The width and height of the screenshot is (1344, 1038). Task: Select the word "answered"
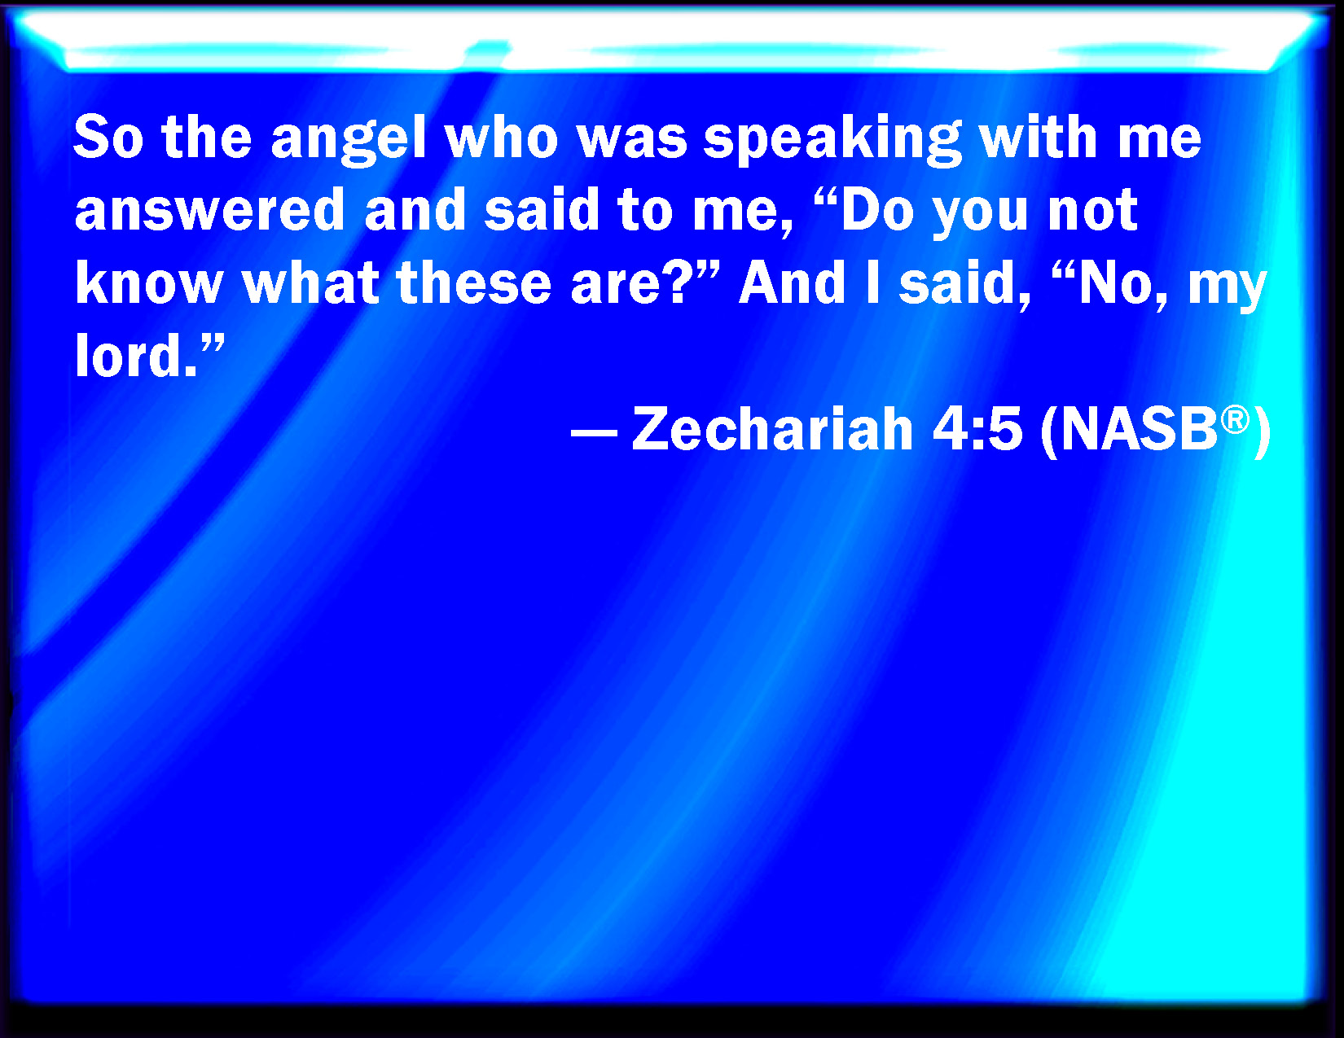click(x=209, y=210)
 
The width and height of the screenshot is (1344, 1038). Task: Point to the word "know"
click(x=149, y=283)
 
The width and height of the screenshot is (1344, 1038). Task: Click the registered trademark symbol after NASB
click(x=1235, y=420)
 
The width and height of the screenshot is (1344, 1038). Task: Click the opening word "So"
click(x=109, y=138)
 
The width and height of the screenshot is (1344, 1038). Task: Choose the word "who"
click(x=502, y=138)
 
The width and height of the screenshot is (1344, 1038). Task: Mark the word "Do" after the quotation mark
click(x=877, y=210)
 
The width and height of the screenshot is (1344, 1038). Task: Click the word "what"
click(x=310, y=283)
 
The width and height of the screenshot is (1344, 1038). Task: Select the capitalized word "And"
click(x=793, y=283)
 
